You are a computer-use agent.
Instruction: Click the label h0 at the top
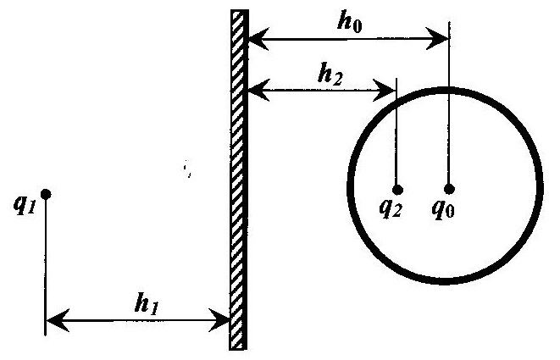pyautogui.click(x=350, y=24)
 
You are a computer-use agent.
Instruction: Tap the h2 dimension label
pyautogui.click(x=330, y=75)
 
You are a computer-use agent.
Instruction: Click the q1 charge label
pyautogui.click(x=25, y=205)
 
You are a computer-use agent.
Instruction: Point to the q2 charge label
pyautogui.click(x=391, y=208)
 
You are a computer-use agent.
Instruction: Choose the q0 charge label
pyautogui.click(x=443, y=208)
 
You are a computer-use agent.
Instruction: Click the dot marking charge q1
pyautogui.click(x=46, y=194)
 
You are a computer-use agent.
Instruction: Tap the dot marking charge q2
pyautogui.click(x=397, y=189)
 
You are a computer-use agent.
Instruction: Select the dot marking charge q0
pyautogui.click(x=449, y=189)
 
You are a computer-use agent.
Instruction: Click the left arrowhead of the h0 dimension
pyautogui.click(x=258, y=39)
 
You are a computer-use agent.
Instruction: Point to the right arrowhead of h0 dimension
pyautogui.click(x=437, y=38)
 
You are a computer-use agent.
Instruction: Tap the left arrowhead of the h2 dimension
pyautogui.click(x=258, y=91)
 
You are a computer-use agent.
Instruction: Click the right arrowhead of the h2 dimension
pyautogui.click(x=385, y=91)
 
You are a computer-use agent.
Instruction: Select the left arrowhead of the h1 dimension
pyautogui.click(x=58, y=320)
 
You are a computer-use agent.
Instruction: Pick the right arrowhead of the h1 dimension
pyautogui.click(x=219, y=320)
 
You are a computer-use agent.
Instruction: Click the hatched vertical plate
pyautogui.click(x=238, y=180)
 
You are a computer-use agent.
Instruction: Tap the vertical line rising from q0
pyautogui.click(x=449, y=102)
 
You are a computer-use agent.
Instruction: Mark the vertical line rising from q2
pyautogui.click(x=397, y=131)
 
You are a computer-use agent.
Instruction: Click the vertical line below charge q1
pyautogui.click(x=46, y=267)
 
